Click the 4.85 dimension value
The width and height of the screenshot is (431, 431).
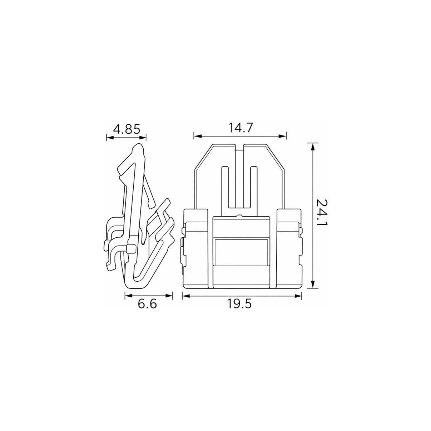127,129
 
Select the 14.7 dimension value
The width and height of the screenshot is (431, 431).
241,128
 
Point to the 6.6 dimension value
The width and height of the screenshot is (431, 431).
147,304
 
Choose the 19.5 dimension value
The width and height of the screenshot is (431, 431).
239,303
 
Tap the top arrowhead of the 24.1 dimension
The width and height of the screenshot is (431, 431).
313,147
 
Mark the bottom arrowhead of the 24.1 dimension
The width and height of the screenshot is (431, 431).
313,284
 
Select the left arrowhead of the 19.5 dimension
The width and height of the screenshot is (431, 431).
186,296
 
